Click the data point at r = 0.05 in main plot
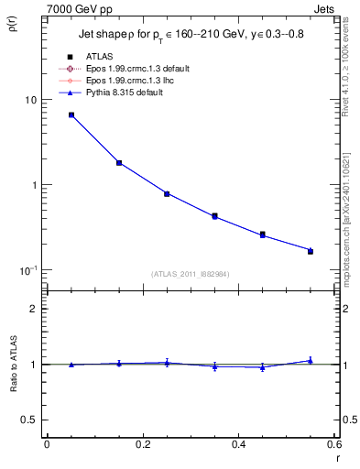click(71, 115)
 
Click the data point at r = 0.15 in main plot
click(119, 163)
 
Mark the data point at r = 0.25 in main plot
click(167, 193)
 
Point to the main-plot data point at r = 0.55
click(311, 250)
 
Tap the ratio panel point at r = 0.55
click(311, 361)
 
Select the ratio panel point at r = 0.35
click(214, 365)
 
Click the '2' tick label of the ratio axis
click(34, 309)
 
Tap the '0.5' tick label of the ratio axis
click(29, 420)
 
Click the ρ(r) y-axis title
click(12, 27)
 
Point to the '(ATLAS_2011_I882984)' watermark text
click(190, 274)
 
